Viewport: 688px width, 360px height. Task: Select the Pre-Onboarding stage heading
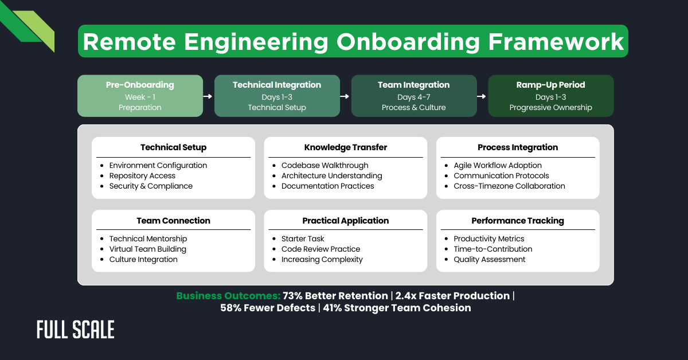point(140,85)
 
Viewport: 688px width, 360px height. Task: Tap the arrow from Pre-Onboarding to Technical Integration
point(209,96)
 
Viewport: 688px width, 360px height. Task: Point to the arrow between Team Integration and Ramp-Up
point(482,96)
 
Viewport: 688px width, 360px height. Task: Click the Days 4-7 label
point(414,97)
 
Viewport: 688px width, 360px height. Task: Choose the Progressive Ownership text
point(551,108)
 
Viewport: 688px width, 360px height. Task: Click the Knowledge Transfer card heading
point(346,147)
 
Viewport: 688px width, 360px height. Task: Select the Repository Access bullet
point(142,176)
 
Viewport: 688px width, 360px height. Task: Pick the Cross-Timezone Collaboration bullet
point(509,186)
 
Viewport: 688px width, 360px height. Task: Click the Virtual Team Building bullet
point(147,249)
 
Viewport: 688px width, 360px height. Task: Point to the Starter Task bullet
point(303,239)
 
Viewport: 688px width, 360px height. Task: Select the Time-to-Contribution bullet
point(492,249)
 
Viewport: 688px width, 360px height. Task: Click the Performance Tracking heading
point(518,221)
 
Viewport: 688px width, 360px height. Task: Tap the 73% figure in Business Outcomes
point(293,296)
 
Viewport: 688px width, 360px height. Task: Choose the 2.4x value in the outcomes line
point(406,296)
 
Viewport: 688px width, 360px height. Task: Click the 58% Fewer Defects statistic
point(267,308)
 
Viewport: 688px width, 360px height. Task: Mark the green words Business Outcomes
point(228,296)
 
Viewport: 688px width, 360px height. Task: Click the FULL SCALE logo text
point(76,330)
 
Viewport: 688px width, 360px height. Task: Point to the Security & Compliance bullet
point(151,186)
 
